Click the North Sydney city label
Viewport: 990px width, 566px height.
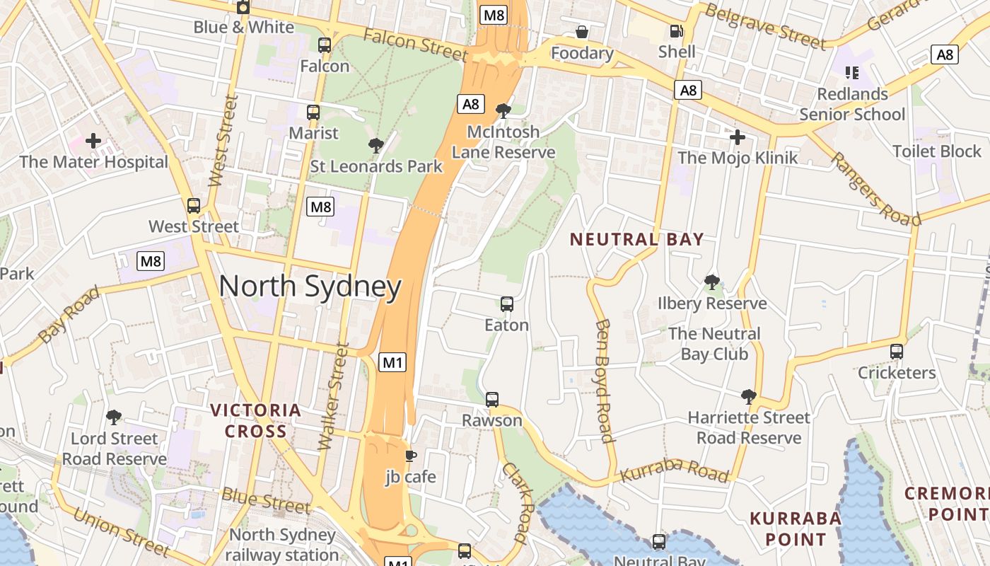(x=310, y=287)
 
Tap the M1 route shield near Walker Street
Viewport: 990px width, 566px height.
(x=392, y=363)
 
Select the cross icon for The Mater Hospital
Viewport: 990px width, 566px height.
(x=93, y=140)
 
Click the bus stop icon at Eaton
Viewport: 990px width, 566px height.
(x=506, y=304)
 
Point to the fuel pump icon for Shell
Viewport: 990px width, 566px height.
(x=676, y=31)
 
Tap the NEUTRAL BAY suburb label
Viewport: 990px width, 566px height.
(x=636, y=239)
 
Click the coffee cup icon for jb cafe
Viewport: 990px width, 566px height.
(x=410, y=456)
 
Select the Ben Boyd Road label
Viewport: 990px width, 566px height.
(x=603, y=380)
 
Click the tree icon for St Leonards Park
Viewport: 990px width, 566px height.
(x=375, y=146)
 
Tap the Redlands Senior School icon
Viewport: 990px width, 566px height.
(x=852, y=72)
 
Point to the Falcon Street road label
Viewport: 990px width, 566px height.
(x=415, y=44)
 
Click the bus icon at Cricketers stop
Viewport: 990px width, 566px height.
(x=896, y=351)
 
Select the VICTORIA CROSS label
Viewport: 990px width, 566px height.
(x=256, y=420)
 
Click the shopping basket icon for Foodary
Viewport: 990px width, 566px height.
(x=581, y=32)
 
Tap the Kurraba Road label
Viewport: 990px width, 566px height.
(x=674, y=470)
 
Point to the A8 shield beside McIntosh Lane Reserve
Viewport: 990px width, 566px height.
(x=470, y=104)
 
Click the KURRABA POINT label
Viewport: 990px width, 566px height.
(x=795, y=529)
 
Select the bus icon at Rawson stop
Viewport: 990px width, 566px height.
(x=492, y=399)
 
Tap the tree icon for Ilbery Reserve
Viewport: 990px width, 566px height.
(x=711, y=282)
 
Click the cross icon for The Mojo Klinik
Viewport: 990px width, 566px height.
(x=738, y=137)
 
